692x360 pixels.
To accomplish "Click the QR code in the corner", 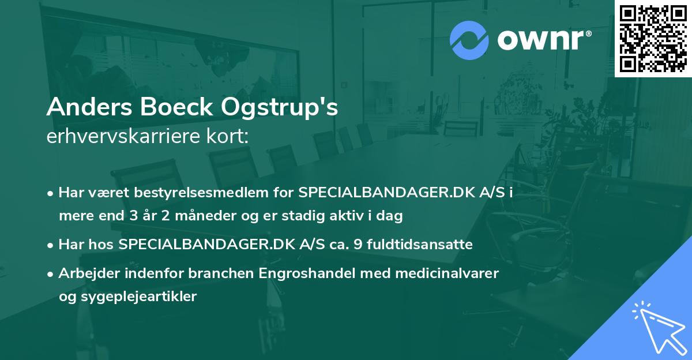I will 653,39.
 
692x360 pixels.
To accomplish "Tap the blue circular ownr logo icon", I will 469,40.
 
